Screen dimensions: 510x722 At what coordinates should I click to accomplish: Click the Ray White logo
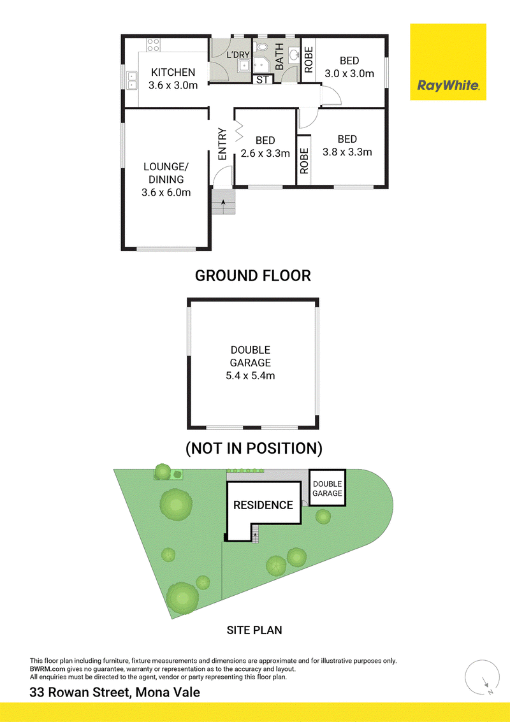pos(448,62)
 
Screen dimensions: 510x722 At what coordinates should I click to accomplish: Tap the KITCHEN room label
pos(173,72)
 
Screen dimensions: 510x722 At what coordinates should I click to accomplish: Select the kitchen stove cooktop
pos(153,45)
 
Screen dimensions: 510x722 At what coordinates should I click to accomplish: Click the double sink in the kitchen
pos(132,80)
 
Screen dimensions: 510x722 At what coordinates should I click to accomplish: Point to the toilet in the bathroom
pos(261,47)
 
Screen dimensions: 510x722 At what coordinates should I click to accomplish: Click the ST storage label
pos(262,80)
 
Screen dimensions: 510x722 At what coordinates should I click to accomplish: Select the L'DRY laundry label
pos(238,55)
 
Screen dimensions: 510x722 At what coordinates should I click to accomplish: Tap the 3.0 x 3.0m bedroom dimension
pos(349,74)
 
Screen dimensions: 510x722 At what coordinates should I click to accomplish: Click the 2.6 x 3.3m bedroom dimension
pos(265,154)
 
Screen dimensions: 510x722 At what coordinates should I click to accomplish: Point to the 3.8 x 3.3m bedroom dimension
pos(347,152)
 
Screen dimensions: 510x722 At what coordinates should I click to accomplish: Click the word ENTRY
pos(222,144)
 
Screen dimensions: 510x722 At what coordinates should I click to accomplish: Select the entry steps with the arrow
pos(223,201)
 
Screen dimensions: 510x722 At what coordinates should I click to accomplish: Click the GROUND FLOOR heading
pos(253,275)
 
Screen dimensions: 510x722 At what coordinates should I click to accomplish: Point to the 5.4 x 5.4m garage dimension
pos(250,376)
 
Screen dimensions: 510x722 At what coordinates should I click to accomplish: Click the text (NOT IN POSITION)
pos(254,448)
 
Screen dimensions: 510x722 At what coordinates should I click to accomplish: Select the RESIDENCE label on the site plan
pos(263,505)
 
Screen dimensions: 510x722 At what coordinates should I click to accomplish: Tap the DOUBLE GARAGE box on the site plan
pos(327,488)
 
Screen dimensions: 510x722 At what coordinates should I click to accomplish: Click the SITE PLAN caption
pos(254,630)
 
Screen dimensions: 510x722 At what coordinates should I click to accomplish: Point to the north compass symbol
pos(482,677)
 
